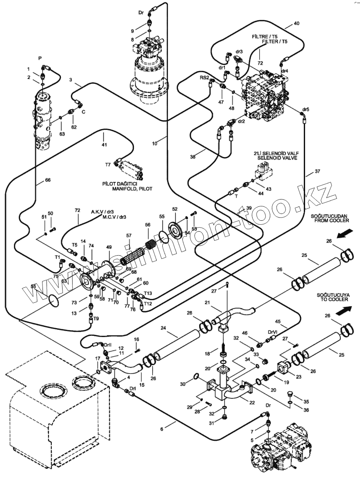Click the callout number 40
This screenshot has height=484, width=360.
coord(296,23)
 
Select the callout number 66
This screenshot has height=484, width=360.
coord(47,181)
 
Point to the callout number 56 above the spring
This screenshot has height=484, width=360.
coord(148,225)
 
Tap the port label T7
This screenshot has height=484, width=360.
coord(108,165)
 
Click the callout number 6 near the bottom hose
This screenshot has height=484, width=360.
coord(162,429)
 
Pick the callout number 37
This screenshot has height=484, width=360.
coord(318,171)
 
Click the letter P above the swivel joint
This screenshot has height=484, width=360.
coord(40,58)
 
